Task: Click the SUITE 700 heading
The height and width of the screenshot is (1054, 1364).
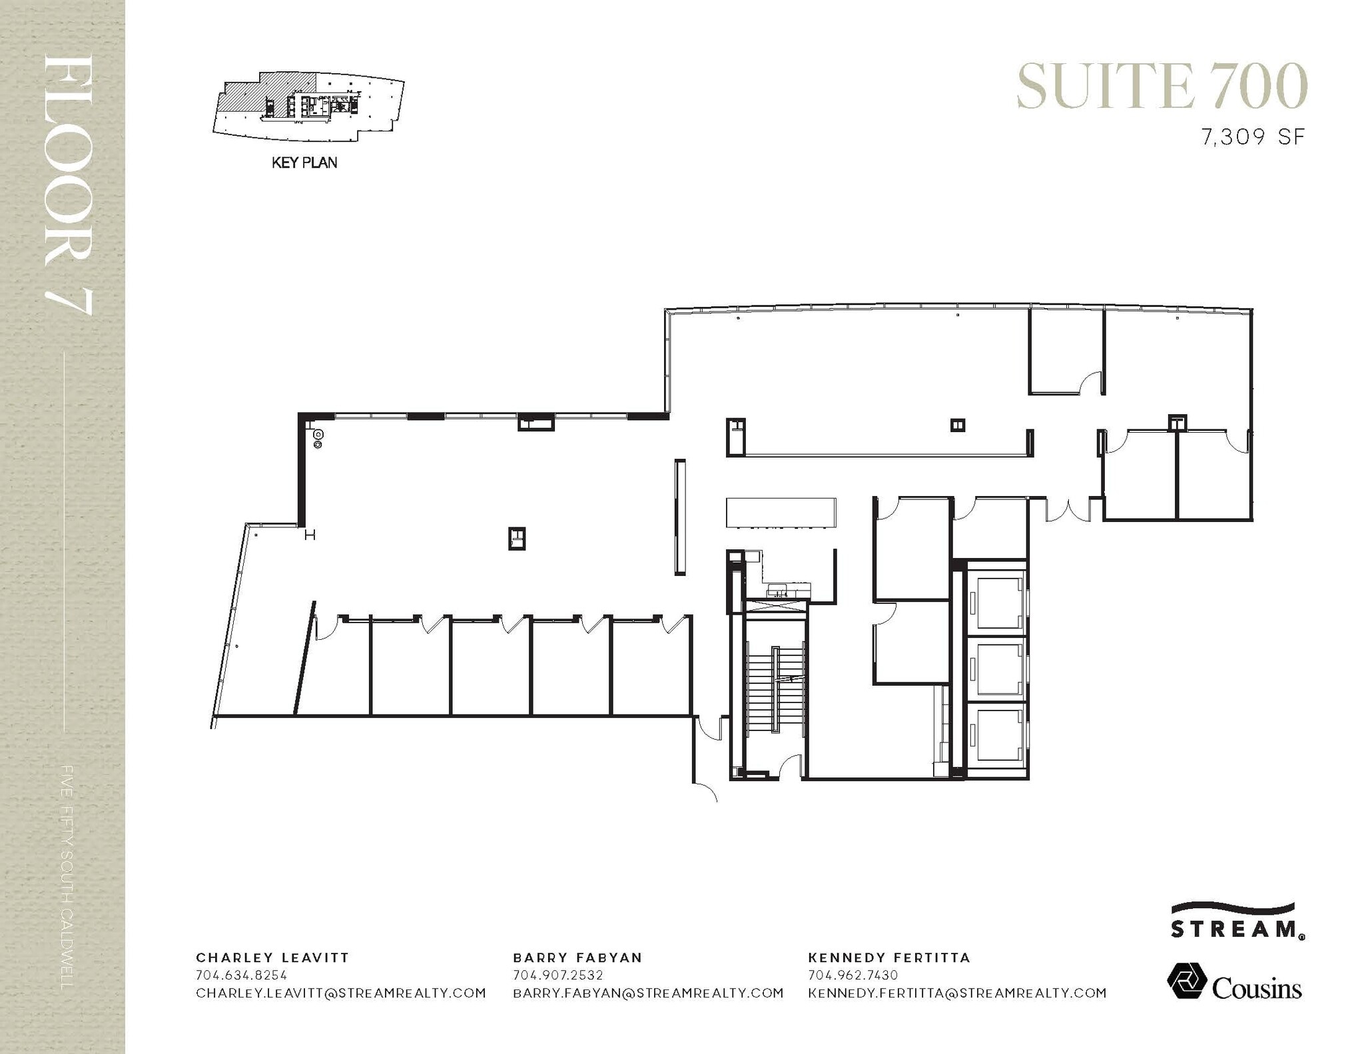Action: (x=1162, y=87)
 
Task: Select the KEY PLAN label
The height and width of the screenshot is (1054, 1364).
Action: (x=304, y=162)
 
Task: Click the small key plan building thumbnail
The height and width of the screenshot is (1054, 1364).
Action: (x=308, y=107)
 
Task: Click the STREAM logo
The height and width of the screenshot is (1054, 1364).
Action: (x=1237, y=922)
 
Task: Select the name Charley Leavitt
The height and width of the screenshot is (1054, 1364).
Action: (x=272, y=957)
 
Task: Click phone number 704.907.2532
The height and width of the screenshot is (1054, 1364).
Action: (x=557, y=975)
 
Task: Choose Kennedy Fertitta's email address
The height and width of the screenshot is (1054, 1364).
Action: (x=957, y=993)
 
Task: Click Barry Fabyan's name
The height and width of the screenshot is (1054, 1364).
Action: (x=577, y=957)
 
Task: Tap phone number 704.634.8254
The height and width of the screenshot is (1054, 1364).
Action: (x=241, y=975)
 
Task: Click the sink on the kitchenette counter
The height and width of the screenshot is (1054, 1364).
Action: (x=778, y=590)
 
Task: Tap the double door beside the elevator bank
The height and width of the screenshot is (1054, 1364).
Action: (x=1068, y=509)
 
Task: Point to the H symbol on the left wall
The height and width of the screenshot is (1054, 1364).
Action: (x=310, y=535)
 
